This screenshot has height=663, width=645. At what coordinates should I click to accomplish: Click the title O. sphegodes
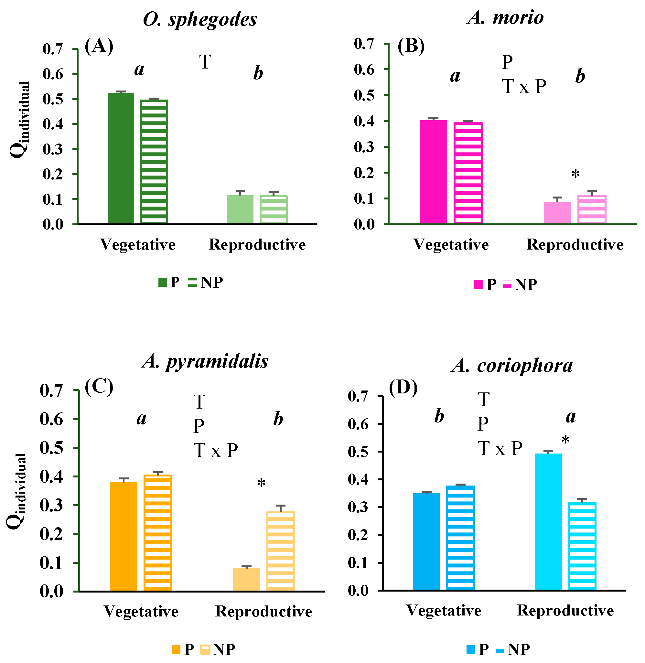200,20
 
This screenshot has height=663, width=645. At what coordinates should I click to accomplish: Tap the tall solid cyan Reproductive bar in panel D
548,522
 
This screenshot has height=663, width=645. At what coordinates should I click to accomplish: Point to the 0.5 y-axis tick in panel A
53,99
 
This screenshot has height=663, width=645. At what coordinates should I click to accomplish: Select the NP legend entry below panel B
520,284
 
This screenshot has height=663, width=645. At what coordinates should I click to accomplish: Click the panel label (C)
99,386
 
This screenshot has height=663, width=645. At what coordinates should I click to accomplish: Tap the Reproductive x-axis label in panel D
565,611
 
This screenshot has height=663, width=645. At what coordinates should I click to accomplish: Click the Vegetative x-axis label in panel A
138,245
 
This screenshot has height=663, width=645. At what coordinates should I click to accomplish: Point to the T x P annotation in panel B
524,86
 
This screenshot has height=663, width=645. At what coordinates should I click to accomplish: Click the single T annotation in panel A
205,62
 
